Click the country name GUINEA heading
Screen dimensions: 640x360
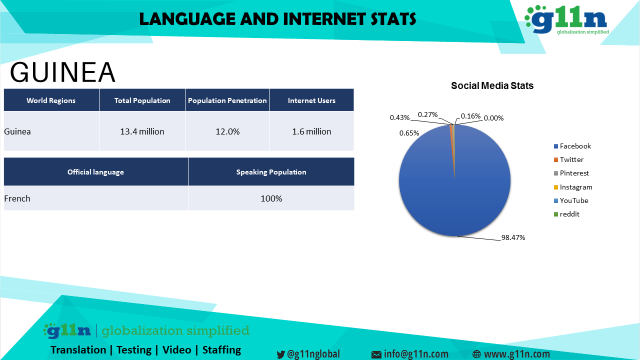pos(62,72)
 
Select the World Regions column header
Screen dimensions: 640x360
pos(51,100)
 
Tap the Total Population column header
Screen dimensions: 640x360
pos(142,100)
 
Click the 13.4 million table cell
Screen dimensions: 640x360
pos(142,131)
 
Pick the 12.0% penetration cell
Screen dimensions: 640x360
pos(227,131)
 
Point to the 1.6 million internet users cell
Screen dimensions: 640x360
pos(311,131)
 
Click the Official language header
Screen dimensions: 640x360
pos(95,172)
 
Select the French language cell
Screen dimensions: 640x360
pos(17,198)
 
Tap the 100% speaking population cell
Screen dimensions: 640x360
pos(271,198)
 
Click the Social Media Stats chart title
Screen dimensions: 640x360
pos(492,85)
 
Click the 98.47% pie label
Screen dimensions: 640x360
pos(513,237)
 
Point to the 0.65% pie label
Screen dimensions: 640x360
pos(409,133)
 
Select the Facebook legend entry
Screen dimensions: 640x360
pos(572,146)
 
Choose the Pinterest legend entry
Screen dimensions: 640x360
pos(571,173)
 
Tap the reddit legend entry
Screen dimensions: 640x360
pos(566,214)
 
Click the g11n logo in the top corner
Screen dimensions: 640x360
pos(567,19)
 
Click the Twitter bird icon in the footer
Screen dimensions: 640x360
pos(280,354)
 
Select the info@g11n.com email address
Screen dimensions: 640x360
pos(416,354)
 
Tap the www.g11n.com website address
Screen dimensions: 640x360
pos(517,354)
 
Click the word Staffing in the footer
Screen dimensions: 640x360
pos(221,350)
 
